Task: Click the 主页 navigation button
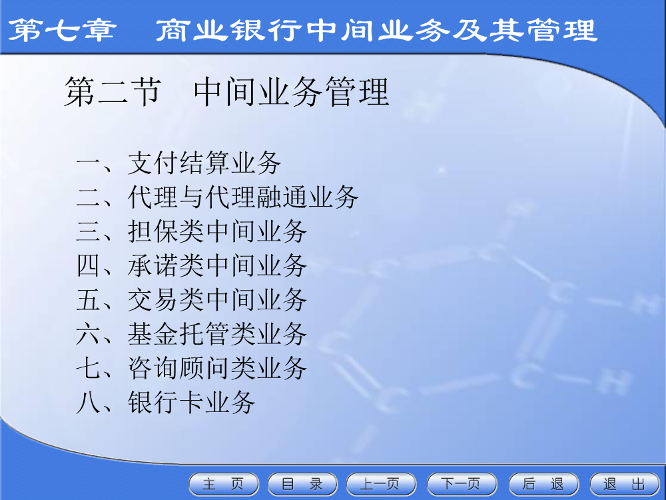223,484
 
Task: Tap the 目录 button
302,484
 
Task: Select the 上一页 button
381,484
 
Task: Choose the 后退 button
543,484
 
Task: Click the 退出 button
625,484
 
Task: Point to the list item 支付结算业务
204,163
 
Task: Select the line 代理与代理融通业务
243,197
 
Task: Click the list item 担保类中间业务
217,232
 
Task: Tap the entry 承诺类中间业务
217,266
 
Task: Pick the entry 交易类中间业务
217,300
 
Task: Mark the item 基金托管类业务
217,334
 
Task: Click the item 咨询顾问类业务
217,368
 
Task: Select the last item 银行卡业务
191,402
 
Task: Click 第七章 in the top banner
62,30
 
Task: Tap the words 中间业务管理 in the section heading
292,92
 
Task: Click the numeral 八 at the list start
89,403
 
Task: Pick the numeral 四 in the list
89,266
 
